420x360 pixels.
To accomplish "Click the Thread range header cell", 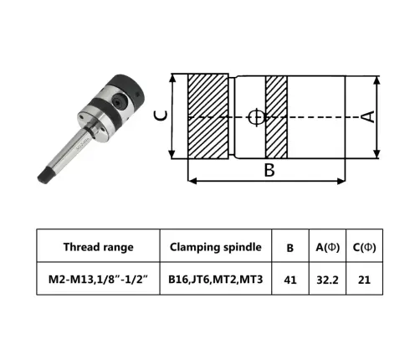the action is pos(98,245).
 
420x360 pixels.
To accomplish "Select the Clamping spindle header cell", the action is pos(216,245).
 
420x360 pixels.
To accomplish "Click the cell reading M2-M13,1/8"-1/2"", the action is pos(98,279).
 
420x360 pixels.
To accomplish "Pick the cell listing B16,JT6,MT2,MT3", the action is pos(216,279).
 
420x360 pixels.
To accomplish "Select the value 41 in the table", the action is pos(290,279).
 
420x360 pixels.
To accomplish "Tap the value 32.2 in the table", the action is pos(327,279).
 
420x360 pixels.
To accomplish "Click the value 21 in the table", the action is pos(364,279).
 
